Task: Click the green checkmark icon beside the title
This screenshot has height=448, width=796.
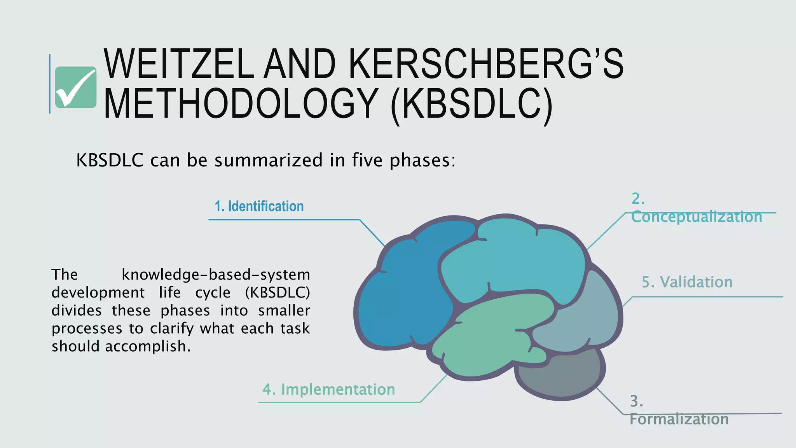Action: coord(75,87)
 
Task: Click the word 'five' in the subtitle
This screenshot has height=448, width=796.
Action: coord(367,160)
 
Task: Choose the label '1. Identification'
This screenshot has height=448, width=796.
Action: coord(259,206)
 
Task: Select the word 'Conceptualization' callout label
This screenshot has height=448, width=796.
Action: coord(696,217)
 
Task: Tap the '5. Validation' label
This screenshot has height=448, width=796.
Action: coord(687,282)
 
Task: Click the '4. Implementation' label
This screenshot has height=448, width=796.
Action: coord(328,389)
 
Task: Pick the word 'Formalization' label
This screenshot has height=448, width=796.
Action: coord(679,419)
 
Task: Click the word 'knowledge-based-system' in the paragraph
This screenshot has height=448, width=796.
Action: coord(216,275)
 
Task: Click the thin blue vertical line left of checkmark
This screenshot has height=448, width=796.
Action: coord(50,84)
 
